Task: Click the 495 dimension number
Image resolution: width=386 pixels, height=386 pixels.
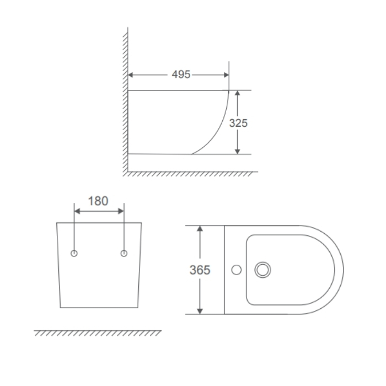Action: pos(181,74)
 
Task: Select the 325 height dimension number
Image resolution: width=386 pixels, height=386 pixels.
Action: pos(238,123)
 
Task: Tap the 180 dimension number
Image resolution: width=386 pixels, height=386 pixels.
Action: pos(98,201)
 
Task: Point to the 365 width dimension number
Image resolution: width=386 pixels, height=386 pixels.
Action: pos(200,270)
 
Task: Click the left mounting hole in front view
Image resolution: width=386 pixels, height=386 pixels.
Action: pos(74,253)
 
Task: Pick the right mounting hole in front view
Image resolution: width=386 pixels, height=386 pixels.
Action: pos(124,253)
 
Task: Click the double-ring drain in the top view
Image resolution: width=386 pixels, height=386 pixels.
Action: pos(262,270)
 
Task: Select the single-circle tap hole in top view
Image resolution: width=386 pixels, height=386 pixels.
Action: pos(237,270)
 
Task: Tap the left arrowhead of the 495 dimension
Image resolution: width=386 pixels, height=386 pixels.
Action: pos(131,75)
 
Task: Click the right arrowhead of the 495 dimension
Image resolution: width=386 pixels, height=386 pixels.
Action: pos(226,75)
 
